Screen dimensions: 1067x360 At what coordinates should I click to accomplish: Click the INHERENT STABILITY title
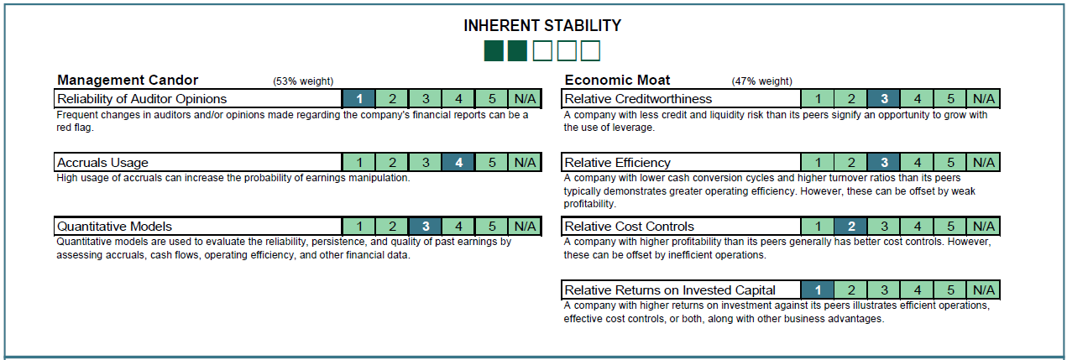coord(542,25)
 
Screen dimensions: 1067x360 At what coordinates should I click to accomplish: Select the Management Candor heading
coord(128,80)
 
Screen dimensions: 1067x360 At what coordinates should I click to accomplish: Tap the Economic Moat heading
coord(617,80)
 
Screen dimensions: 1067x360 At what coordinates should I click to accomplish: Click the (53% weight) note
coord(303,81)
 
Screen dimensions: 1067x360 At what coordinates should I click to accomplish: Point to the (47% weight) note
coord(761,81)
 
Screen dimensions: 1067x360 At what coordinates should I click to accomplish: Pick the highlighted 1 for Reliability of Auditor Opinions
coord(359,98)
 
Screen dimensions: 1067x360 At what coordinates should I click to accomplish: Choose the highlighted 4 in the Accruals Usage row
coord(458,163)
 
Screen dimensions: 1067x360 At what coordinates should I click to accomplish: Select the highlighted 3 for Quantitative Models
coord(426,227)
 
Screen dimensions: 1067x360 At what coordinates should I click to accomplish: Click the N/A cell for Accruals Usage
coord(525,163)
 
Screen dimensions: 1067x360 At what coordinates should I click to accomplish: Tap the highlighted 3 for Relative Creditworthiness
coord(884,98)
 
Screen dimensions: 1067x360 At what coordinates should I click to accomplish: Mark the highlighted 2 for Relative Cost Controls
coord(850,227)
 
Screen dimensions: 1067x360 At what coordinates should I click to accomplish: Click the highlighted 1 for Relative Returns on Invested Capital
coord(818,290)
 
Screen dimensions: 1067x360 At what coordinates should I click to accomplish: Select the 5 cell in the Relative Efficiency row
coord(950,163)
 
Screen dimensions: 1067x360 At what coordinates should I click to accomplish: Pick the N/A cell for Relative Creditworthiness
coord(984,98)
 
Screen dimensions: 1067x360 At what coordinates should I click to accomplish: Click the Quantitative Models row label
coord(114,227)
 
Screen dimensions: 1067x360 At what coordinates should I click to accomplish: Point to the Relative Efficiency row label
coord(617,163)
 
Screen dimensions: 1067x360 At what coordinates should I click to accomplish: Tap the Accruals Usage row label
coord(102,163)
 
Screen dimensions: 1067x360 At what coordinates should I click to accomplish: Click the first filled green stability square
coord(494,51)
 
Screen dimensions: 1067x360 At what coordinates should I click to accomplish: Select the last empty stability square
coord(590,51)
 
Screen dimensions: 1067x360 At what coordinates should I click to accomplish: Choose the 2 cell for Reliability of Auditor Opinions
coord(393,98)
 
